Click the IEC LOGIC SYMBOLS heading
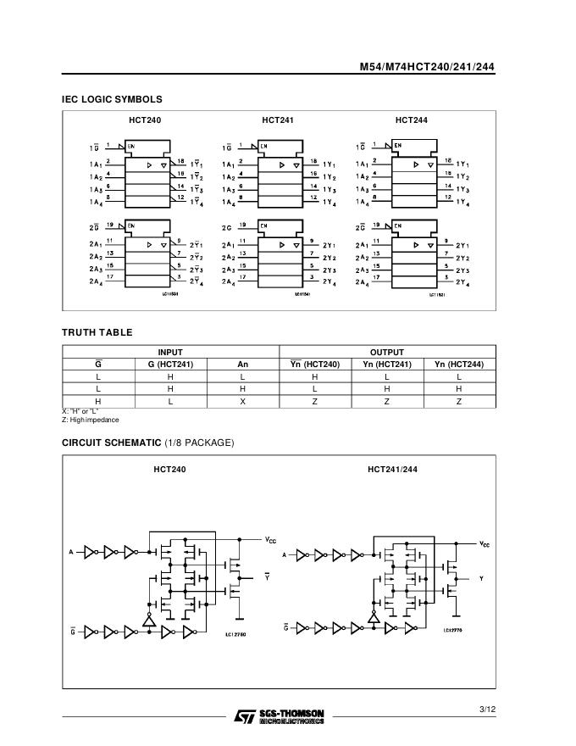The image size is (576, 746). pos(112,99)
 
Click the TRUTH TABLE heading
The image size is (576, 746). pos(97,332)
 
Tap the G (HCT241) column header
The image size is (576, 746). pos(170,365)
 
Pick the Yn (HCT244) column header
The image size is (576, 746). pos(459,365)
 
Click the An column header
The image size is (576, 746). pos(242,365)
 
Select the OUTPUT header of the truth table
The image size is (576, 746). pos(387,352)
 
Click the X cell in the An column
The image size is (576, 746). pos(242,401)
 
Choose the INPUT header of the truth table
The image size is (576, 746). pos(170,352)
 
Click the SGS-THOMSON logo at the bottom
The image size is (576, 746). pos(279,716)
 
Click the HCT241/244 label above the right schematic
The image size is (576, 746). pos(392,469)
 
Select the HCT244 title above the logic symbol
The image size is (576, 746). pos(412,120)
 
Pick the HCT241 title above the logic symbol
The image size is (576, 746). pos(278,120)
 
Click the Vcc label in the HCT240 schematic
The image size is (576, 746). pos(270,539)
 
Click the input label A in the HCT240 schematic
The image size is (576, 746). pos(71,552)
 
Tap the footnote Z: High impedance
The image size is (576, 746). pos(91,420)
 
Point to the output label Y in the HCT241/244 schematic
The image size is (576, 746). pos(481,578)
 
